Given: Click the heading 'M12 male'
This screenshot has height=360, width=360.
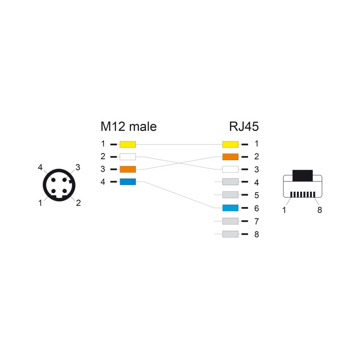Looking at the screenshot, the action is pyautogui.click(x=129, y=126).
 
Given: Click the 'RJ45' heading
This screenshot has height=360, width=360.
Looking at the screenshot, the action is pyautogui.click(x=244, y=126).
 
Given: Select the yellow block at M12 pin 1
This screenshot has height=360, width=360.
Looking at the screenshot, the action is pyautogui.click(x=128, y=144).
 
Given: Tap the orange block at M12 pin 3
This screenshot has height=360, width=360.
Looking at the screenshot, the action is pyautogui.click(x=128, y=169).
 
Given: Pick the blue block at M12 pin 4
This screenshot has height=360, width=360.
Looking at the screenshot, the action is pyautogui.click(x=128, y=182).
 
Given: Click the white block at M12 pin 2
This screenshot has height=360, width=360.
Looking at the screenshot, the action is pyautogui.click(x=128, y=157).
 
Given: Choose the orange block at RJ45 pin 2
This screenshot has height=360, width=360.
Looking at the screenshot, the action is pyautogui.click(x=230, y=157).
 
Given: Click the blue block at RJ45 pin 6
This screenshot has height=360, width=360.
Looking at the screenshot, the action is pyautogui.click(x=230, y=208).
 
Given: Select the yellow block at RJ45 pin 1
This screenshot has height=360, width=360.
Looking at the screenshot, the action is pyautogui.click(x=230, y=144).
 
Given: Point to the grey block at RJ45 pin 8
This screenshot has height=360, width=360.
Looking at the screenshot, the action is pyautogui.click(x=230, y=234).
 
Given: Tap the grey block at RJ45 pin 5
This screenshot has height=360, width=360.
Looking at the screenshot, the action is pyautogui.click(x=230, y=195).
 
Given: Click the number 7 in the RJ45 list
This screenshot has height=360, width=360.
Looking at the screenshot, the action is pyautogui.click(x=256, y=221).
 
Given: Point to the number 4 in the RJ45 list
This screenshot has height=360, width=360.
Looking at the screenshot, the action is pyautogui.click(x=256, y=183).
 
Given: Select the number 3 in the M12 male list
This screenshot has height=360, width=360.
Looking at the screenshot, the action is pyautogui.click(x=103, y=169).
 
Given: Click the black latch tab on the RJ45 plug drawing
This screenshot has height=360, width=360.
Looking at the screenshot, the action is pyautogui.click(x=302, y=175).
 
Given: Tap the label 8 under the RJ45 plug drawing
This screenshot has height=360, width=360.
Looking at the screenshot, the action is pyautogui.click(x=319, y=210).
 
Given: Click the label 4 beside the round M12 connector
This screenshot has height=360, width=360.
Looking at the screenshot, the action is pyautogui.click(x=40, y=167).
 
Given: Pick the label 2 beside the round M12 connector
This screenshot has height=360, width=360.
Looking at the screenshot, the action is pyautogui.click(x=78, y=203).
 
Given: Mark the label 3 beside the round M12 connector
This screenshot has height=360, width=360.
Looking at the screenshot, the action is pyautogui.click(x=78, y=167).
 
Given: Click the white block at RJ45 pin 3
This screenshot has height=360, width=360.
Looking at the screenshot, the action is pyautogui.click(x=230, y=169).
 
